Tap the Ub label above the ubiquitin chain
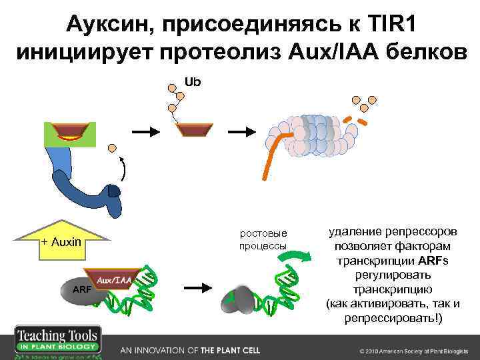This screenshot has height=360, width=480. click(193, 82)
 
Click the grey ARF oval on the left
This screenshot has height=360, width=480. click(81, 290)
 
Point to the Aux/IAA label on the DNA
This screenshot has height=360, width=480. click(114, 281)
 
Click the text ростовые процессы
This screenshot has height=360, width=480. click(263, 239)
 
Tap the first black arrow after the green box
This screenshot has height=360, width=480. click(146, 131)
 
